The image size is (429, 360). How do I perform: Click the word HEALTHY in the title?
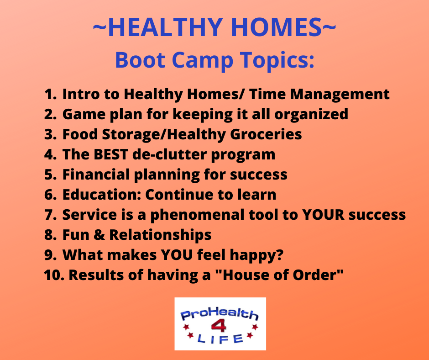[x=165, y=27]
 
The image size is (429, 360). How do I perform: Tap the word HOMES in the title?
[x=277, y=27]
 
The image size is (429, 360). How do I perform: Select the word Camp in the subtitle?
[x=203, y=61]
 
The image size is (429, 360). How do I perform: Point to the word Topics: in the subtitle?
[x=277, y=61]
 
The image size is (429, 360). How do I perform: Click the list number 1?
[x=50, y=94]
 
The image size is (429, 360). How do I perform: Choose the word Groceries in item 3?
[x=266, y=134]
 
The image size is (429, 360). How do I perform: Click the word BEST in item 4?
[x=111, y=154]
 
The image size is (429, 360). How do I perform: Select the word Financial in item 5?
[x=96, y=175]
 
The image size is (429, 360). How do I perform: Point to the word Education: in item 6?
[x=101, y=195]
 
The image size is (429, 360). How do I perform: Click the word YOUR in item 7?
[x=323, y=215]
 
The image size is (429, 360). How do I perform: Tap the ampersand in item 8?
[x=99, y=235]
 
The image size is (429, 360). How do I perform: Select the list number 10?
[x=54, y=275]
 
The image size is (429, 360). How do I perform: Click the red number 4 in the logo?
[x=219, y=326]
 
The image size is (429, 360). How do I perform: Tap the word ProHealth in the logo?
[x=220, y=314]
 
